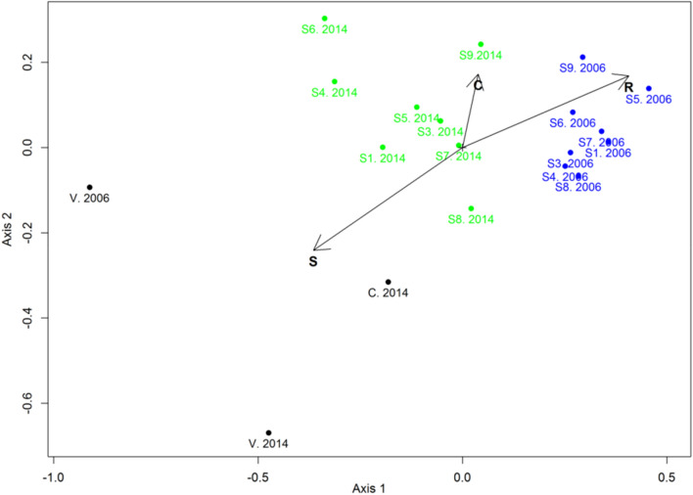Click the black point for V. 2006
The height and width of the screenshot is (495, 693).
pos(90,187)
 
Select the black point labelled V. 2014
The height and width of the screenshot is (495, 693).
pos(269,432)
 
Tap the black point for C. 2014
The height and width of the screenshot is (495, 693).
pos(388,282)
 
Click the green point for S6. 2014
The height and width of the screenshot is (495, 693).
pos(325,19)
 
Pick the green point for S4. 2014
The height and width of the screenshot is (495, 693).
pos(335,82)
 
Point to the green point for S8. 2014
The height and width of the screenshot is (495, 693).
pos(471,208)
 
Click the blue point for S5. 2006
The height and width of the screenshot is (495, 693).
pos(648,89)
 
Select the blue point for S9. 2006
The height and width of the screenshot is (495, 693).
pos(582,58)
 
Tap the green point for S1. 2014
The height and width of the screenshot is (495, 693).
pos(383,147)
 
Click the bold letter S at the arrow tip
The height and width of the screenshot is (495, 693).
pos(313,262)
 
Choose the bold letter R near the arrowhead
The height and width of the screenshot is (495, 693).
pos(628,88)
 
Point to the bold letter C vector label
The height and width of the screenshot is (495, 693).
pos(478,86)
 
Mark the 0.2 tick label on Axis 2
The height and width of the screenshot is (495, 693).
pos(30,62)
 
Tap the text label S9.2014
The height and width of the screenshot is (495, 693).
pos(481,56)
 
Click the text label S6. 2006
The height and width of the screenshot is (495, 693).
pos(573,123)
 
